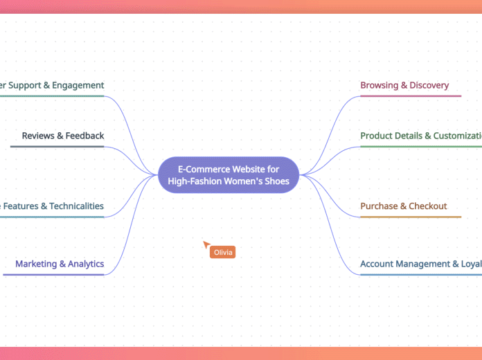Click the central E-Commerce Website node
pyautogui.click(x=228, y=174)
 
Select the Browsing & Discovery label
pyautogui.click(x=404, y=85)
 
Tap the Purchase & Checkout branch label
pyautogui.click(x=403, y=206)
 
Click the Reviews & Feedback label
pyautogui.click(x=63, y=136)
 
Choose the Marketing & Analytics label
pyautogui.click(x=60, y=264)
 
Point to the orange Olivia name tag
pyautogui.click(x=223, y=253)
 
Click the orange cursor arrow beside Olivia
pyautogui.click(x=206, y=244)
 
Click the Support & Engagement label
pyautogui.click(x=52, y=85)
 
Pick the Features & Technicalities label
pyautogui.click(x=52, y=206)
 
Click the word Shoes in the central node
pyautogui.click(x=276, y=181)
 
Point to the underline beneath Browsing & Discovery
pyautogui.click(x=410, y=96)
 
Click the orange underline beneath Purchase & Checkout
pyautogui.click(x=410, y=217)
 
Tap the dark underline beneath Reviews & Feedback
pyautogui.click(x=57, y=147)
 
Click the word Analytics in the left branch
pyautogui.click(x=82, y=264)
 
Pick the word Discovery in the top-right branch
pyautogui.click(x=429, y=85)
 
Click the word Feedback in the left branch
pyautogui.click(x=84, y=136)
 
